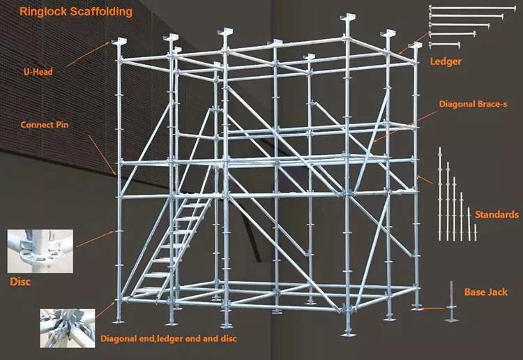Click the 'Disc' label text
[20, 283]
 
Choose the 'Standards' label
[497, 214]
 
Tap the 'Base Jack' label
[485, 292]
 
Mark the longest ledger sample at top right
[467, 8]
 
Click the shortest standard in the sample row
[476, 232]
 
